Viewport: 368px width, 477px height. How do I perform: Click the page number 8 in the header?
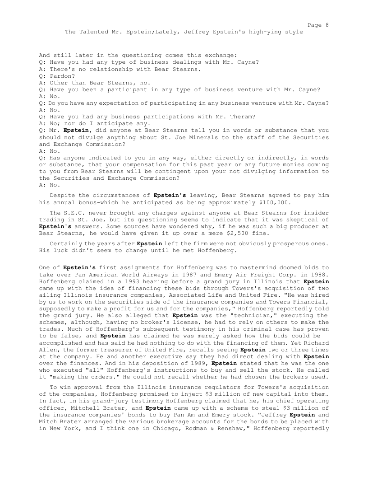click(x=327, y=24)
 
